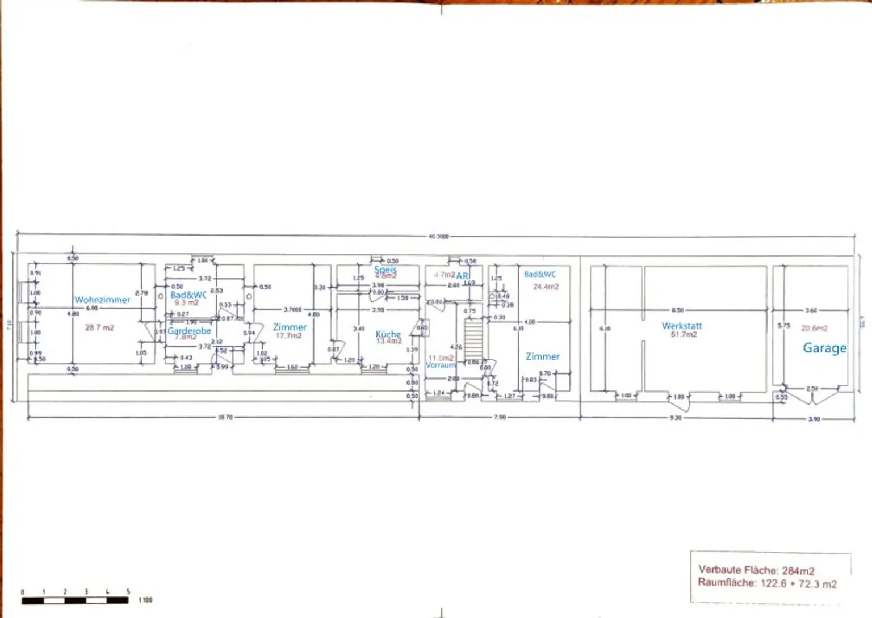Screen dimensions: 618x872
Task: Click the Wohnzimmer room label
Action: [x=102, y=300]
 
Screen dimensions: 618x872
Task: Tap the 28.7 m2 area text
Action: [x=99, y=327]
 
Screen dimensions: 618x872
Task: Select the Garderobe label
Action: [x=189, y=330]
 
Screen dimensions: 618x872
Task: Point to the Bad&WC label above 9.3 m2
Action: [x=188, y=295]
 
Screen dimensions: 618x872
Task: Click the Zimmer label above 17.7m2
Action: [x=290, y=327]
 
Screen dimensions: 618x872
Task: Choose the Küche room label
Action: [x=388, y=334]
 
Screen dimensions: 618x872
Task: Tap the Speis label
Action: [x=385, y=270]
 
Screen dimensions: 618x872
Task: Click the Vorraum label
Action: [x=441, y=365]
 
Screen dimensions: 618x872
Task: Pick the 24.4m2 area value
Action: [x=546, y=287]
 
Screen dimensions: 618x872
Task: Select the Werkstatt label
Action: [x=682, y=326]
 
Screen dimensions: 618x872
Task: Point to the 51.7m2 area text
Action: [x=684, y=335]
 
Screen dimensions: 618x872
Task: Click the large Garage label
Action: [x=824, y=348]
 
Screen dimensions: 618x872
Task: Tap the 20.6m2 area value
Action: [x=814, y=328]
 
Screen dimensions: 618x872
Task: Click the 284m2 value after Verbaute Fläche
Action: [x=798, y=571]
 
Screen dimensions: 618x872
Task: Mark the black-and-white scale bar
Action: [x=75, y=600]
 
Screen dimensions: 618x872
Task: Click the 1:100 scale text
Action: [x=145, y=600]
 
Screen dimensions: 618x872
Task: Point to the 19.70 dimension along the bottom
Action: [x=225, y=417]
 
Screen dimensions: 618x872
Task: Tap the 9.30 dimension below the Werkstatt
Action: [x=675, y=418]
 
